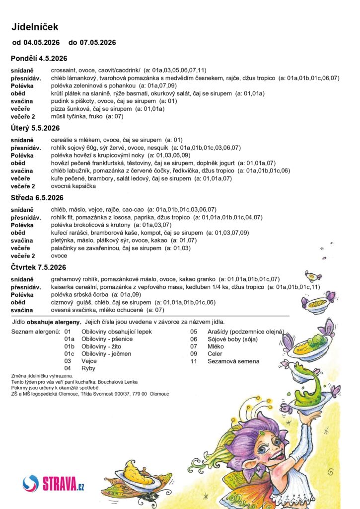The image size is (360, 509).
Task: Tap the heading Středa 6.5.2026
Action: [x=36, y=198]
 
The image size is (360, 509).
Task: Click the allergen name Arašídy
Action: [x=220, y=332]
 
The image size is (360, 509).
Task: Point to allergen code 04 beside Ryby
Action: [x=69, y=369]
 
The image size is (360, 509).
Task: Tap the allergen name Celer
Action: [x=215, y=354]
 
